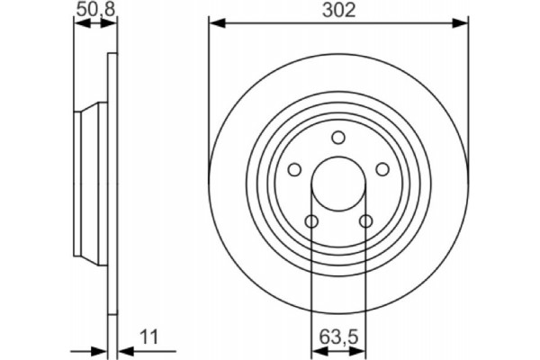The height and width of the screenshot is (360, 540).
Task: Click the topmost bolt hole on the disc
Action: pyautogui.click(x=338, y=138)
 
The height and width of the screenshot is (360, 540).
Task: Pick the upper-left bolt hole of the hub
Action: pyautogui.click(x=294, y=169)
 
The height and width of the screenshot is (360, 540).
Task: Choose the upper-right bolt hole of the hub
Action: pyautogui.click(x=382, y=169)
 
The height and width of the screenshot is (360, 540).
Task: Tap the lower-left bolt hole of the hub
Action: pyautogui.click(x=311, y=221)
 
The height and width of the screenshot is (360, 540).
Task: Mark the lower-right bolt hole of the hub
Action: pyautogui.click(x=365, y=221)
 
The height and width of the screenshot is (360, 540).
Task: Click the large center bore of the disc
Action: pyautogui.click(x=338, y=184)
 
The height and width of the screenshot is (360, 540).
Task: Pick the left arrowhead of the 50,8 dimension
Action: pyautogui.click(x=77, y=24)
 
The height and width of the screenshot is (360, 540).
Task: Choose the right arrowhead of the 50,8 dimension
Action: pyautogui.click(x=112, y=24)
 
